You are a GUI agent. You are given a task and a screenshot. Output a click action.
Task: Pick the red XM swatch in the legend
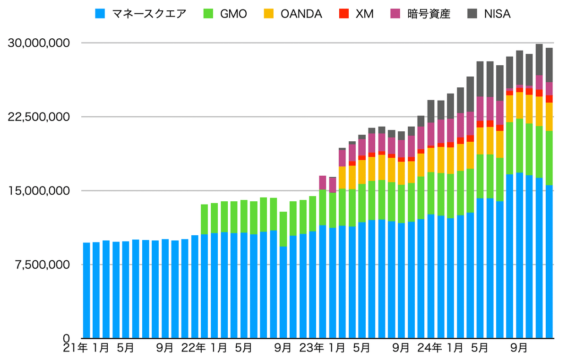tap(343, 14)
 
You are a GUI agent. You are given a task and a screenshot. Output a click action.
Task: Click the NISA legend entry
tap(497, 14)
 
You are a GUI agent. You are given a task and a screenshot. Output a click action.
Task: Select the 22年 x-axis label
tap(193, 348)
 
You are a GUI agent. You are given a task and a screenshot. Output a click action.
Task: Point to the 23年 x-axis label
tap(311, 348)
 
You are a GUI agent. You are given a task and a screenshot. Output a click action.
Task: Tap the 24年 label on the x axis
tap(430, 348)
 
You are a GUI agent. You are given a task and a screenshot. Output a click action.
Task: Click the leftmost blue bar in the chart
tap(86, 291)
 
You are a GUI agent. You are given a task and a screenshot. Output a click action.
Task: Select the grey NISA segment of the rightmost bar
tap(549, 65)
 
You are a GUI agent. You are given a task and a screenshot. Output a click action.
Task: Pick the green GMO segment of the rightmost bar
tap(549, 158)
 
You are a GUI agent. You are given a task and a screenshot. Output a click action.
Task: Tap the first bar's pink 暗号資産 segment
tap(323, 182)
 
